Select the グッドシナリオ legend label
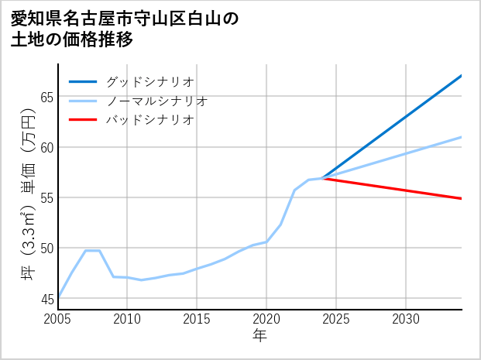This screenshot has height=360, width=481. (149, 81)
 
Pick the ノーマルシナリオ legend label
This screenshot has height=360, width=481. (156, 101)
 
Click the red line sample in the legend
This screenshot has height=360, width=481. (83, 120)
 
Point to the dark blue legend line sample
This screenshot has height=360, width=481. (83, 81)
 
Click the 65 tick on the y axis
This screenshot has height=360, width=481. (46, 97)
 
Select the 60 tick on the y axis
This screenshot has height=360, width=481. (46, 147)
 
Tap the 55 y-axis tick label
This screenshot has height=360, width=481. (46, 197)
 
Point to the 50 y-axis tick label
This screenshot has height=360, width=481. (46, 248)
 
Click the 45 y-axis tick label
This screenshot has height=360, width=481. (46, 298)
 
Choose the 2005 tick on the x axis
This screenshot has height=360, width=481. (58, 319)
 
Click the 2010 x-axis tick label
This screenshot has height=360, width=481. (127, 319)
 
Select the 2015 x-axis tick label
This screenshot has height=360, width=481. (197, 319)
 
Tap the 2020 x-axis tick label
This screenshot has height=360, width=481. (266, 319)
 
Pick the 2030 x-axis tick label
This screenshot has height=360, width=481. (406, 319)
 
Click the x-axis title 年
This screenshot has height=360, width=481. (260, 336)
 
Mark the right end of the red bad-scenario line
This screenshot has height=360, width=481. (461, 199)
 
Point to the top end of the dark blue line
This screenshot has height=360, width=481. (461, 76)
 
